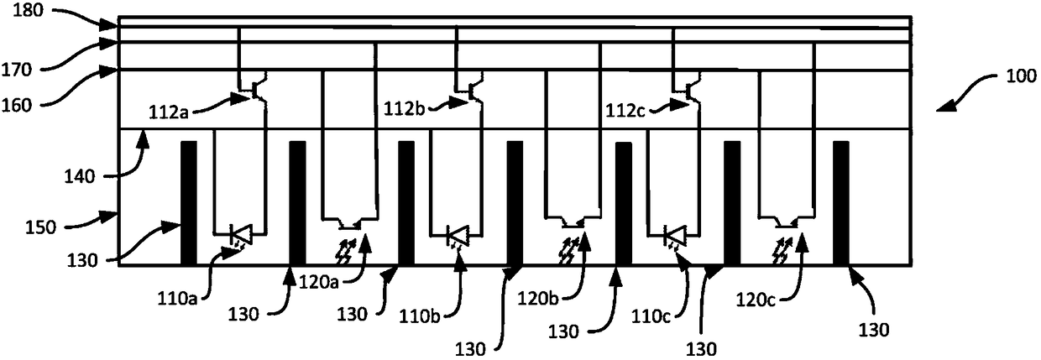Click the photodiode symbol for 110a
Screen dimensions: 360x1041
point(238,235)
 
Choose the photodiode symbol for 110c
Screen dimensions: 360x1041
point(674,235)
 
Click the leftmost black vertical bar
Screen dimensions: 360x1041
point(189,203)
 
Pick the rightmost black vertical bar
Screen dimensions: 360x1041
point(841,203)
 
